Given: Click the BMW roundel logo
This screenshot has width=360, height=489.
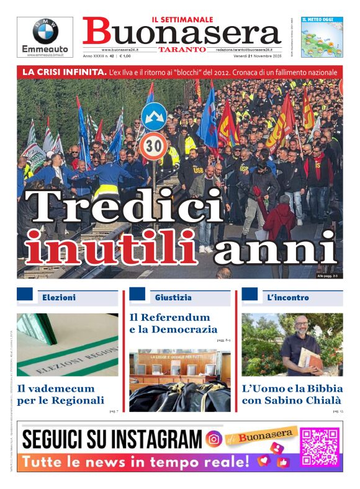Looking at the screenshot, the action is [x=45, y=31].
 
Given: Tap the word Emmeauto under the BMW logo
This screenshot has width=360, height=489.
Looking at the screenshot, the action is [x=45, y=49].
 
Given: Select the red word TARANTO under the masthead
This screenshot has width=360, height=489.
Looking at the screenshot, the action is [x=182, y=49].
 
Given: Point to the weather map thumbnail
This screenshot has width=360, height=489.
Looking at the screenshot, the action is [x=322, y=37].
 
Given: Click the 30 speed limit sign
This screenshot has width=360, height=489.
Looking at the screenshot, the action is [x=153, y=146].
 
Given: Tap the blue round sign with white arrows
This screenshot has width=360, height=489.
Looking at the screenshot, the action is [x=154, y=117].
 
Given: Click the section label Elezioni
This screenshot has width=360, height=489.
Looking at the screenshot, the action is [x=59, y=298].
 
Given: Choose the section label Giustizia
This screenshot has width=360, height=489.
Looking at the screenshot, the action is [x=173, y=298].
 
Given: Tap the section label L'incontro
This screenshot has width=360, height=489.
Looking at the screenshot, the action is [x=287, y=298].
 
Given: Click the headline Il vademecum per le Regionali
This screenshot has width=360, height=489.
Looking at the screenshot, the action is [x=60, y=395].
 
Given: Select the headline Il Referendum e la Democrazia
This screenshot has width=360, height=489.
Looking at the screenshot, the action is [x=173, y=323].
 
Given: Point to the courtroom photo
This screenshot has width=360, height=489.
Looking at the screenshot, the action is [x=179, y=380].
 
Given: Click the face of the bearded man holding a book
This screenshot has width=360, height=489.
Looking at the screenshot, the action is [x=300, y=327].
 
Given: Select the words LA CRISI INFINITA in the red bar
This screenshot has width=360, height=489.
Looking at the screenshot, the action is [x=65, y=73].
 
